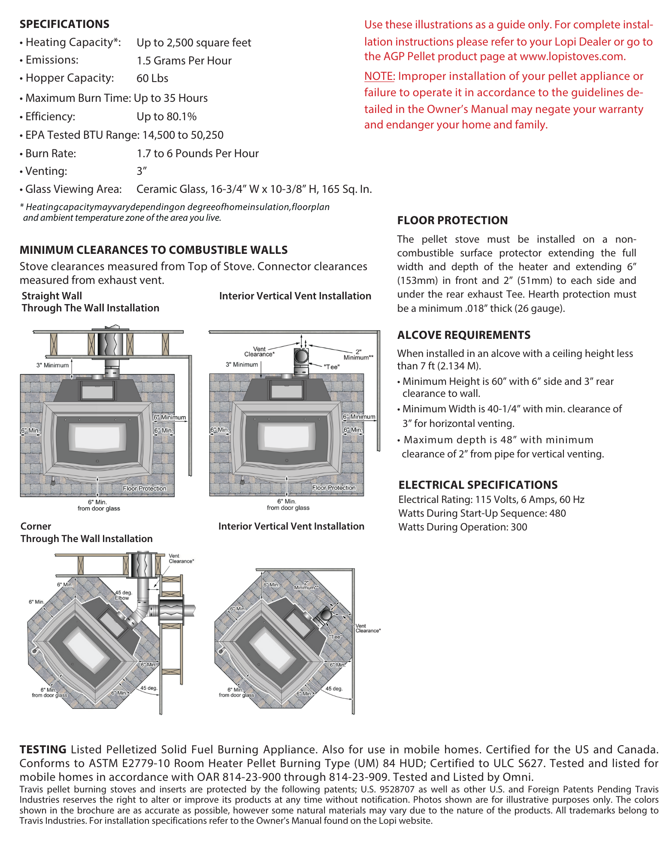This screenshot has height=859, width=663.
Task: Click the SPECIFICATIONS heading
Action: (x=64, y=24)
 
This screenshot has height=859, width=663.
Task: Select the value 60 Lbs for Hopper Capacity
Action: (x=152, y=79)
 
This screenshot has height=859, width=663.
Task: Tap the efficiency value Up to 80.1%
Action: (x=167, y=117)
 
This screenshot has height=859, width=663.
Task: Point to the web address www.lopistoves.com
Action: (x=572, y=57)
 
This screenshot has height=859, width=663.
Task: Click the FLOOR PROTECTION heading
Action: (x=452, y=220)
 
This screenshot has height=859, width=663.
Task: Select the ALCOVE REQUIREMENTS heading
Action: (x=463, y=335)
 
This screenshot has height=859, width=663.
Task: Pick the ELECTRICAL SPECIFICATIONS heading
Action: (x=478, y=485)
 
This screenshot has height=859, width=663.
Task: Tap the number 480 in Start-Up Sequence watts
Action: (x=557, y=514)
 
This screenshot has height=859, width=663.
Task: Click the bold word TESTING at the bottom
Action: (x=43, y=749)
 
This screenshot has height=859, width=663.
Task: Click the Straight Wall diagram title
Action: (x=51, y=296)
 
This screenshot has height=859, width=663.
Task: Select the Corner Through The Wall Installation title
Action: (x=86, y=533)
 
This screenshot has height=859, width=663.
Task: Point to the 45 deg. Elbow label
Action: (x=123, y=595)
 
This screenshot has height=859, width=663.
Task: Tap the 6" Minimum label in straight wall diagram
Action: (x=170, y=417)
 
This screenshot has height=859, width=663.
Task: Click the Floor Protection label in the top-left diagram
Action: (x=144, y=489)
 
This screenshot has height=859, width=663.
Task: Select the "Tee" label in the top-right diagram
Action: (x=332, y=367)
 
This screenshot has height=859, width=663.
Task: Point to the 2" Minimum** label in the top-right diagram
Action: (x=358, y=354)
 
